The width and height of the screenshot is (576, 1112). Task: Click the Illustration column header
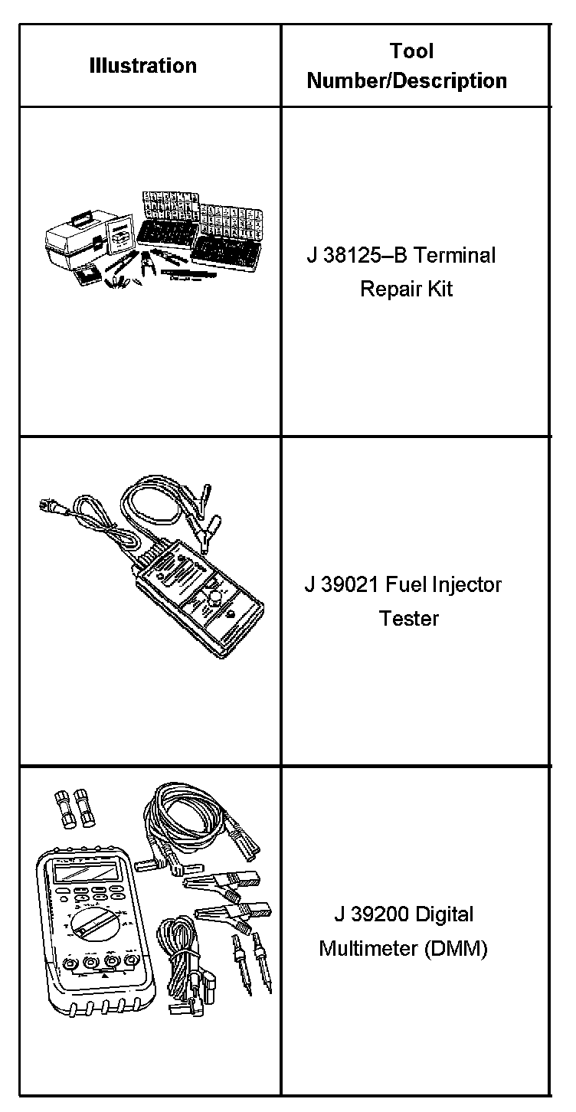[x=142, y=66]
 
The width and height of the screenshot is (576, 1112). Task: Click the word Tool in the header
[x=411, y=51]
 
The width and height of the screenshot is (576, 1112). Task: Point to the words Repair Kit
[x=406, y=289]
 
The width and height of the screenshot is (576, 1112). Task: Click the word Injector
[x=465, y=585]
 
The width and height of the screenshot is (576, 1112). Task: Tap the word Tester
[x=409, y=619]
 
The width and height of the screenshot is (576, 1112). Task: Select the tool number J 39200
[x=365, y=914]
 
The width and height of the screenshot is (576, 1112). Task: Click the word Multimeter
[x=368, y=949]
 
